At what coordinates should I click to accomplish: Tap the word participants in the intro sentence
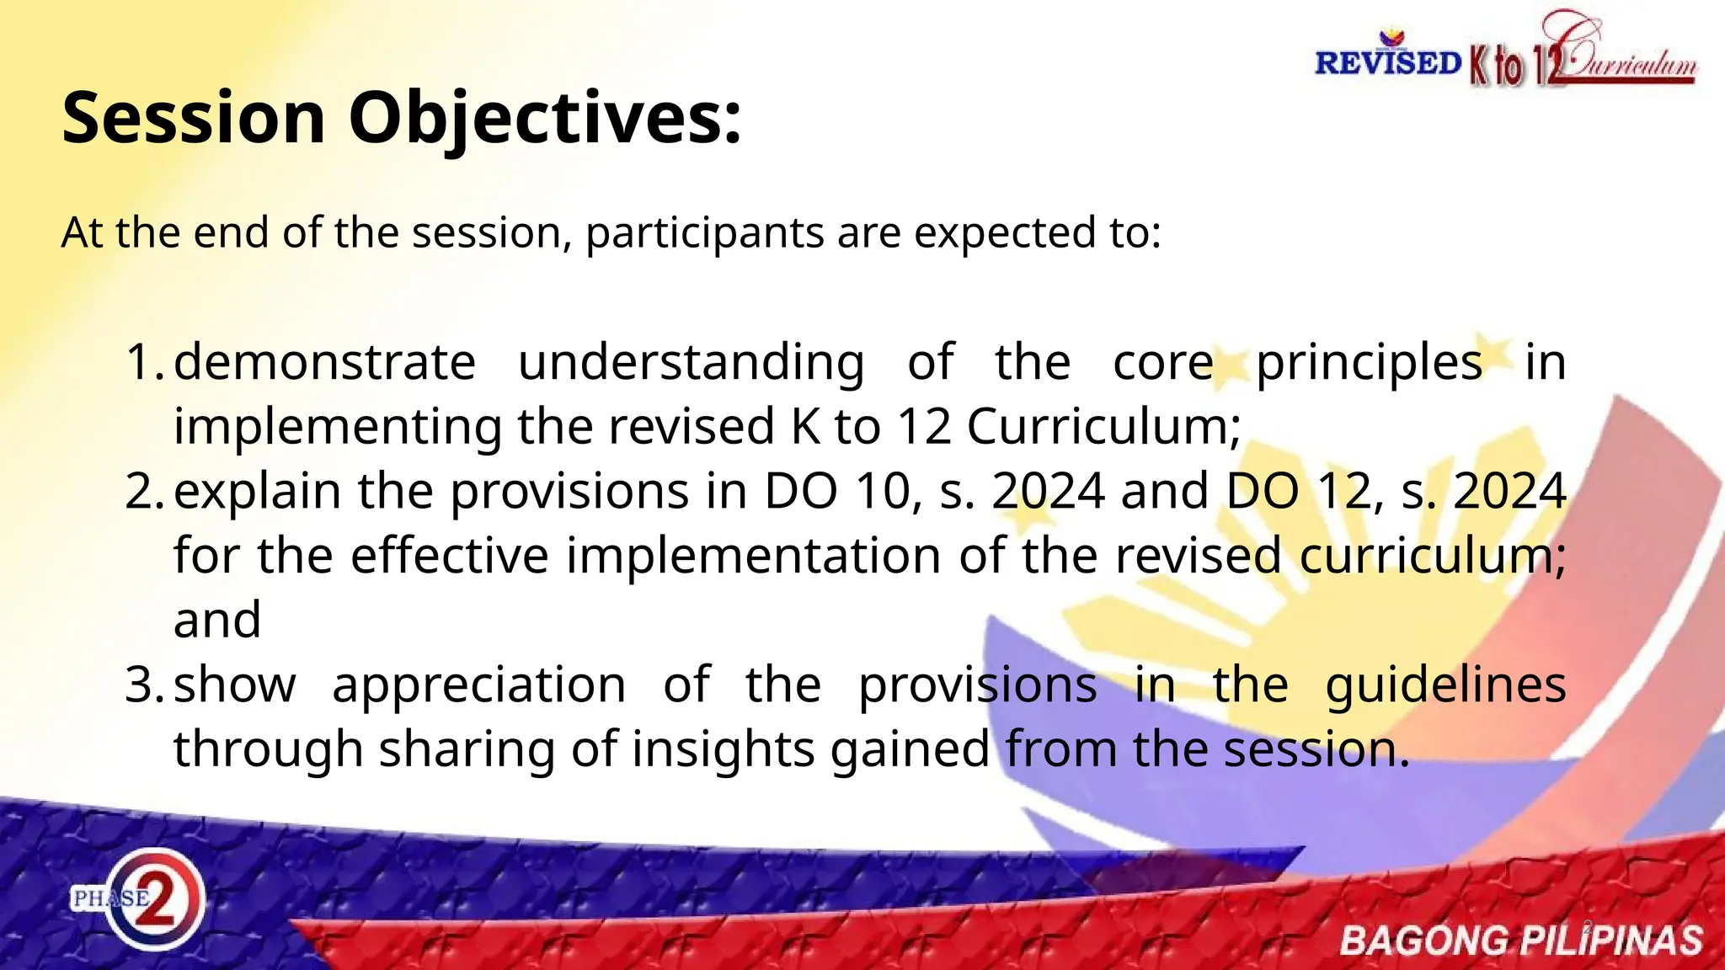704,232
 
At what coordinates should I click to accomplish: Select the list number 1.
145,362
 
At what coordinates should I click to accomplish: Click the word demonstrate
324,362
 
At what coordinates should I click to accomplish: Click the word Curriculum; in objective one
1103,427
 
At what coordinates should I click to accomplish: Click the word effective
449,556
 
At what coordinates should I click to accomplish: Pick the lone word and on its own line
217,621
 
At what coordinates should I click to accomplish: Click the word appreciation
478,685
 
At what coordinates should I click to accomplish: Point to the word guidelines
1445,685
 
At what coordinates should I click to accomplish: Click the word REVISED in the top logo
1387,63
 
